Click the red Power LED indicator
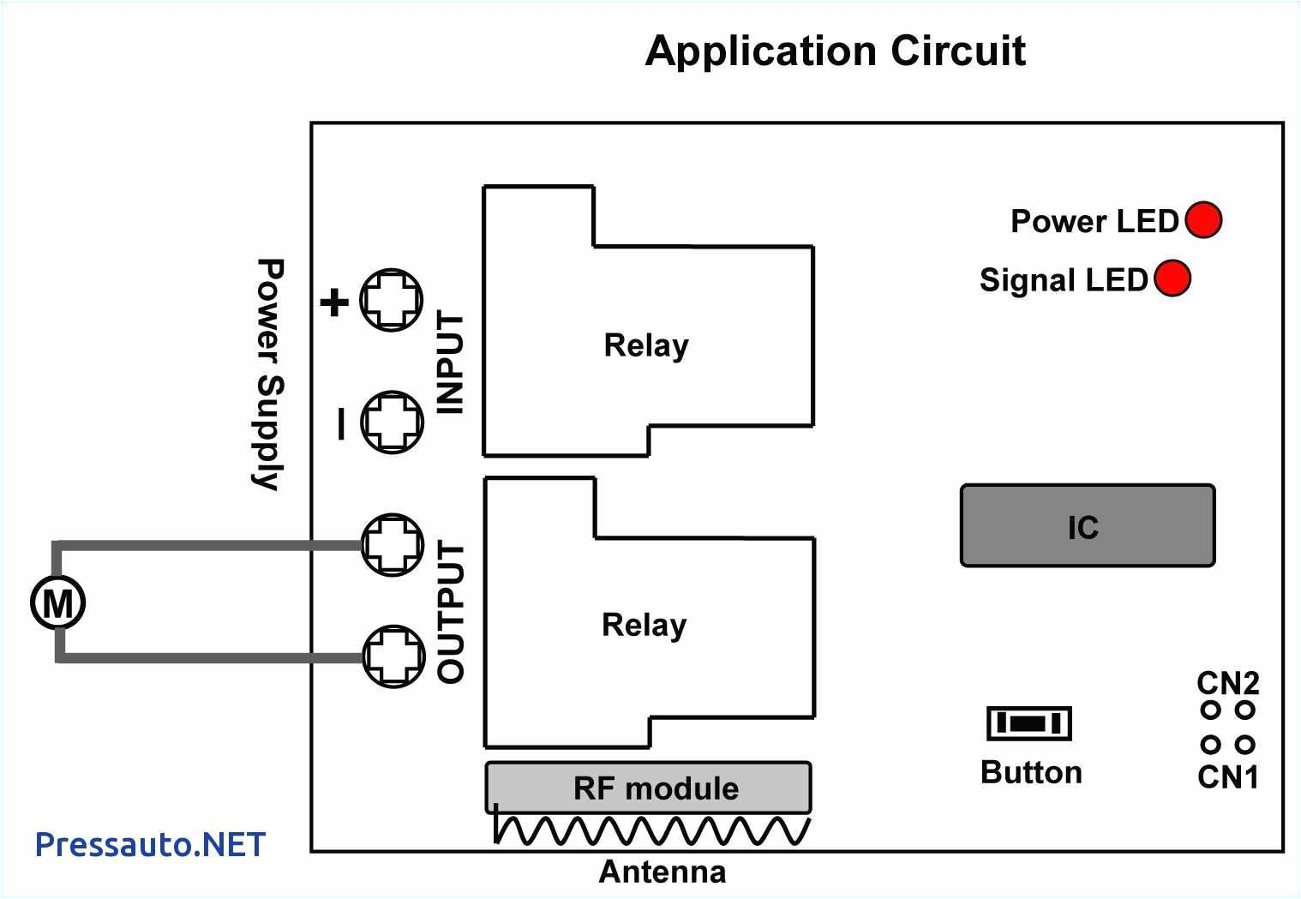(x=1202, y=220)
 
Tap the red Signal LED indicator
(x=1172, y=279)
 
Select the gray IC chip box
(x=1087, y=526)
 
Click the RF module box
(x=648, y=788)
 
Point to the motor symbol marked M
(x=58, y=602)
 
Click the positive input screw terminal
(x=391, y=300)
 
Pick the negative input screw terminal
(x=392, y=422)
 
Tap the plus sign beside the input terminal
(x=334, y=302)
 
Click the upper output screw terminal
(x=392, y=544)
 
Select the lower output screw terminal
(x=393, y=656)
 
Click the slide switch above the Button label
(x=1028, y=723)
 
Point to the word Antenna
(x=662, y=872)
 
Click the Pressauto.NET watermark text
(x=150, y=845)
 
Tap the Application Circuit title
(x=835, y=51)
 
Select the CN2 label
(x=1228, y=683)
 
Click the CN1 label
(x=1228, y=776)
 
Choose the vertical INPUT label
(x=451, y=363)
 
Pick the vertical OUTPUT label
(x=451, y=612)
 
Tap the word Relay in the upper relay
(x=646, y=345)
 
